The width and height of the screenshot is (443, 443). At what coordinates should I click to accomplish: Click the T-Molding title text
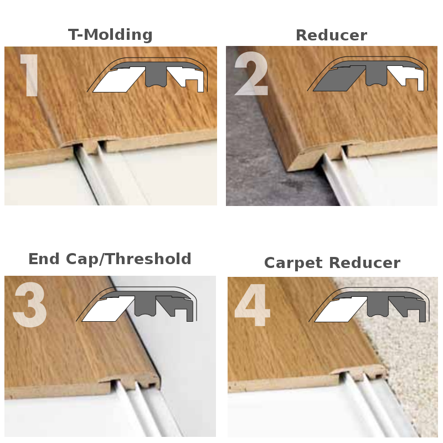pyautogui.click(x=110, y=35)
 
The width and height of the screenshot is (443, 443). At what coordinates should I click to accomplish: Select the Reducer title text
pyautogui.click(x=331, y=35)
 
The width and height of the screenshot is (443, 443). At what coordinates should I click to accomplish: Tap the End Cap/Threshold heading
pyautogui.click(x=110, y=259)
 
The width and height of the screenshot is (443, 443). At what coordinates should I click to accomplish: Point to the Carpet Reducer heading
pyautogui.click(x=332, y=262)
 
